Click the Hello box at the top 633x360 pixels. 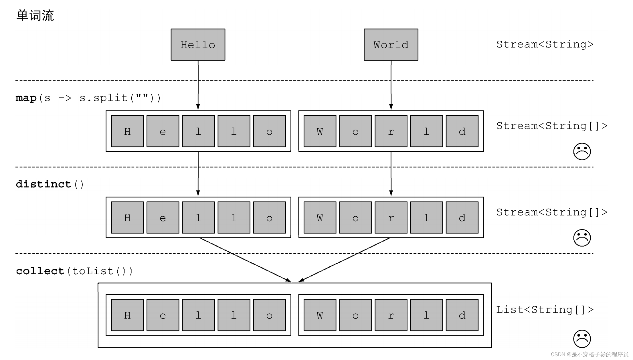[198, 45]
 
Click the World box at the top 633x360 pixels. [391, 45]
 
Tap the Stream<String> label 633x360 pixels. [545, 44]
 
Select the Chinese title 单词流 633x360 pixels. [35, 15]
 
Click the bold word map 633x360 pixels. [26, 98]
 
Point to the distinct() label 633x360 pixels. [50, 184]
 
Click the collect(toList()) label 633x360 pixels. [74, 271]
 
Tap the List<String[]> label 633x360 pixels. [545, 310]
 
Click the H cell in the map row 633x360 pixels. [127, 131]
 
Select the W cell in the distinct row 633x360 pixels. [320, 218]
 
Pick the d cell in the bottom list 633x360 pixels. [462, 315]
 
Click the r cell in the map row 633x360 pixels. [391, 131]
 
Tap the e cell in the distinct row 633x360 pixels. [163, 218]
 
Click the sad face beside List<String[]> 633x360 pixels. [582, 339]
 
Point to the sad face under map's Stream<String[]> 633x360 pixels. [582, 151]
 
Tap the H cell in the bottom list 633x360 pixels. [127, 315]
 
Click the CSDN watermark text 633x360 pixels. [589, 354]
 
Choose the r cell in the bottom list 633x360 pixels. [391, 315]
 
